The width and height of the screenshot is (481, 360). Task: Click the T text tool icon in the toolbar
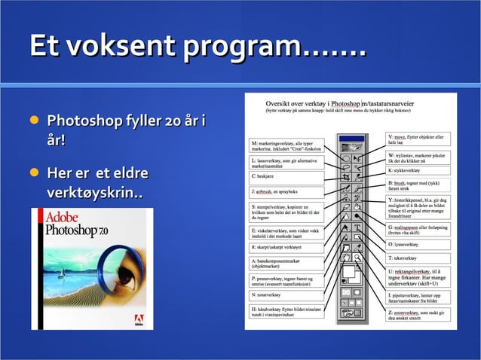click(357, 227)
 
